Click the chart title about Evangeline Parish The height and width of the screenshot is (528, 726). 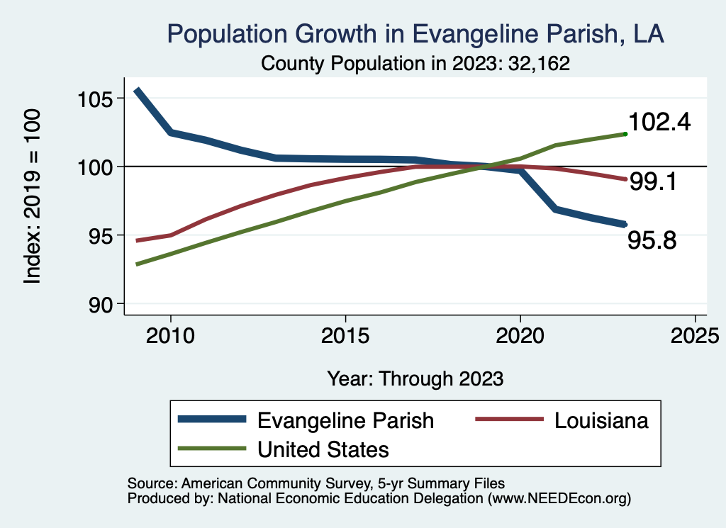coord(415,33)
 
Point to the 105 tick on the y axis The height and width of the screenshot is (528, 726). coord(95,98)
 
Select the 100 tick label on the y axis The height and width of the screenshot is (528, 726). coord(95,167)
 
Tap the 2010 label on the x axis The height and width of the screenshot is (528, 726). coord(170,335)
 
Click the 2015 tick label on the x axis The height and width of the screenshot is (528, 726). coord(345,335)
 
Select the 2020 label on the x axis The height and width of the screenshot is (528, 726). coord(520,335)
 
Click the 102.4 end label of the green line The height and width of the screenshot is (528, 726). coord(660,122)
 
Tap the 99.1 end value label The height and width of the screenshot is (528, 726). coord(652,182)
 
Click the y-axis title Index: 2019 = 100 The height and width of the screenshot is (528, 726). coord(33,197)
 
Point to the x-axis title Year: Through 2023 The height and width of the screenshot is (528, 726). coord(415,378)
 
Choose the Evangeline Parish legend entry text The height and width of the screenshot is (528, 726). coord(345,420)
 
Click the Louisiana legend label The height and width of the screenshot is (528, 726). coord(602,420)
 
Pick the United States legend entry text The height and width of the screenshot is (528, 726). coord(323,449)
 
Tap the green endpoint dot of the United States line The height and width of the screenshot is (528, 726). coord(625,133)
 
